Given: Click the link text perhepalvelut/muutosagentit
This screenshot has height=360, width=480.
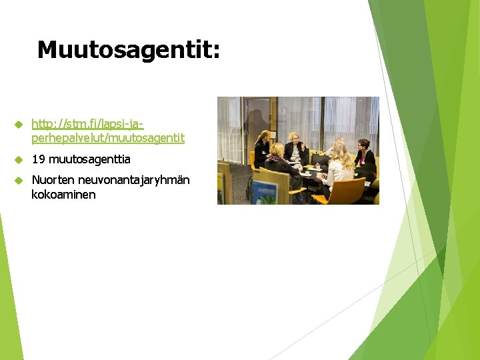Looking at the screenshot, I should click(x=108, y=139).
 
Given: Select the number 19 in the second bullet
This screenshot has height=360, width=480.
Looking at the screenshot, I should click(x=38, y=160).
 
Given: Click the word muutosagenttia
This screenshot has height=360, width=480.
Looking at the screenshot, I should click(x=89, y=160).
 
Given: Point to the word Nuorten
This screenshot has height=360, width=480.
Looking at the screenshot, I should click(x=53, y=180).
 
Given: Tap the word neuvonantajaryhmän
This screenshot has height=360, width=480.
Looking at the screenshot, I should click(x=134, y=181).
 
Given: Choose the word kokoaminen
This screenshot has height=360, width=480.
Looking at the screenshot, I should click(x=63, y=195).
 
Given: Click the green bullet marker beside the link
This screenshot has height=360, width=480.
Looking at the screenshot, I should click(x=19, y=125).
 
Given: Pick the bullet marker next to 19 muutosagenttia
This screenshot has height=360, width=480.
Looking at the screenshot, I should click(x=19, y=160).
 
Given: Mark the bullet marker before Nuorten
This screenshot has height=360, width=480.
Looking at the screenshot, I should click(x=19, y=181).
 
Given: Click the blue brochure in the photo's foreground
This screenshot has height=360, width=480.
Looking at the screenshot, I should click(x=265, y=191).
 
